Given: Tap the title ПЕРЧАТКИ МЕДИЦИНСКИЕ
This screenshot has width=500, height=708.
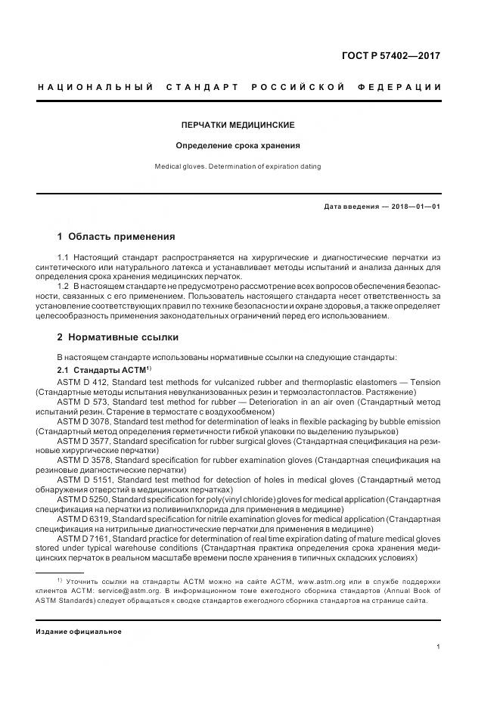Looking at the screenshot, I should pyautogui.click(x=238, y=124).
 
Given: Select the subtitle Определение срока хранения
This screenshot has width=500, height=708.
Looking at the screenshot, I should pyautogui.click(x=238, y=145).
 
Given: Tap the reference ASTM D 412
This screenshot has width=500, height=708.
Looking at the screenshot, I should pyautogui.click(x=84, y=382).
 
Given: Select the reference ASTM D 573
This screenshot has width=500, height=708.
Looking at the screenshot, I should pyautogui.click(x=84, y=402).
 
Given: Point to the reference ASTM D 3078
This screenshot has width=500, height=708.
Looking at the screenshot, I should pyautogui.click(x=85, y=421).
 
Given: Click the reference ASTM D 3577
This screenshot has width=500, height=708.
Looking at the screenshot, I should pyautogui.click(x=85, y=440).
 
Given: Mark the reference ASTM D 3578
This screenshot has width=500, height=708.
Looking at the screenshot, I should pyautogui.click(x=85, y=460).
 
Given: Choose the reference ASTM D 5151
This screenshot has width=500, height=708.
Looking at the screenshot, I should pyautogui.click(x=85, y=480).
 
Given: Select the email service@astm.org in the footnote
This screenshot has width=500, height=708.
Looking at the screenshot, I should pyautogui.click(x=125, y=591).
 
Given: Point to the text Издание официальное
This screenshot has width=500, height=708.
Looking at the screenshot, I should pyautogui.click(x=79, y=631).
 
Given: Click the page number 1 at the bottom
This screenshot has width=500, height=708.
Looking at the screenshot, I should pyautogui.click(x=439, y=647).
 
